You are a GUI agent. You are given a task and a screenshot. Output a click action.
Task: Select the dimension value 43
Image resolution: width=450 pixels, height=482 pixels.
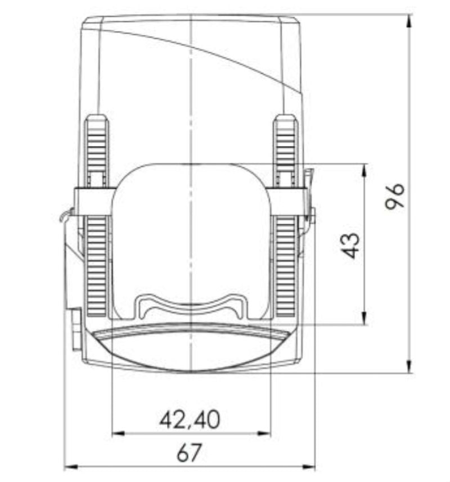pyautogui.click(x=352, y=245)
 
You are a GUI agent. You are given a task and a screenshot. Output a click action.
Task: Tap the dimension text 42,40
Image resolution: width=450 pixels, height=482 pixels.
pyautogui.click(x=190, y=419)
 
